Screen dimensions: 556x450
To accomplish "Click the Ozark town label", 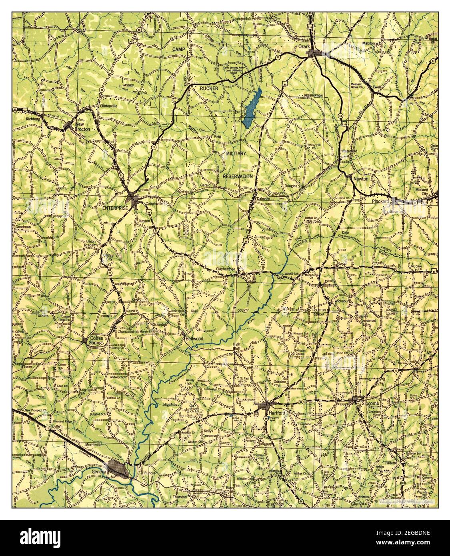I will coord(302,47).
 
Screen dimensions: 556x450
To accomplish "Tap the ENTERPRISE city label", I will coord(115,208).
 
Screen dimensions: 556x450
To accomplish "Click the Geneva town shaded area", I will coord(118,468).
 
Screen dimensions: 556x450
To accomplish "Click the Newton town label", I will coord(361,179).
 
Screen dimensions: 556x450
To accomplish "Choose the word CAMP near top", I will coord(180,49).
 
